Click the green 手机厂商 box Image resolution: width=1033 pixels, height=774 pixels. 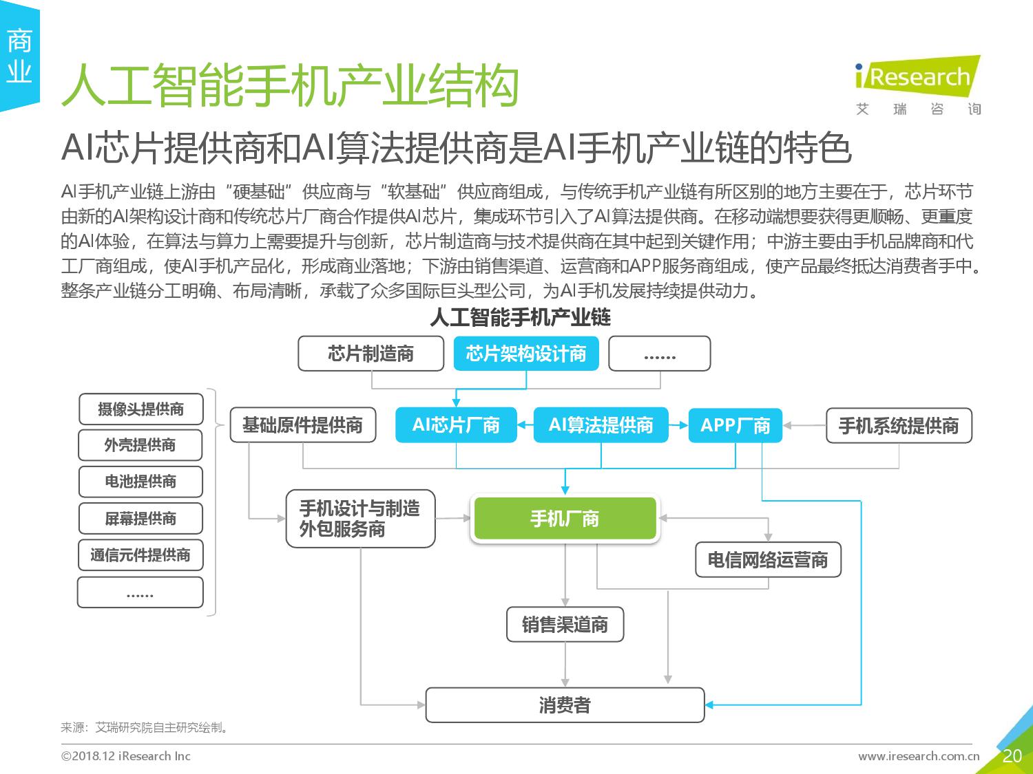pyautogui.click(x=565, y=518)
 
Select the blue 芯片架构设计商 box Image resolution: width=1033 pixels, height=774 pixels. pyautogui.click(x=525, y=354)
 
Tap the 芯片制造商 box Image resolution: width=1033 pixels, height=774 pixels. pyautogui.click(x=371, y=354)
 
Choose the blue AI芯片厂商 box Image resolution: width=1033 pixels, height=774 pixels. pyautogui.click(x=456, y=425)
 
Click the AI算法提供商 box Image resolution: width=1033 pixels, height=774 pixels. pyautogui.click(x=601, y=425)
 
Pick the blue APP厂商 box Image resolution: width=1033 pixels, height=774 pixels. pyautogui.click(x=735, y=425)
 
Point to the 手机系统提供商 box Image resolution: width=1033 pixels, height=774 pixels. pyautogui.click(x=899, y=425)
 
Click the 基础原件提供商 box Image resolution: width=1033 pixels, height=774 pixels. pyautogui.click(x=302, y=424)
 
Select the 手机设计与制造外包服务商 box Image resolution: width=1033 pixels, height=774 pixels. pyautogui.click(x=360, y=518)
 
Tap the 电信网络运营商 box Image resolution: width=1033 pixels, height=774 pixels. pyautogui.click(x=768, y=560)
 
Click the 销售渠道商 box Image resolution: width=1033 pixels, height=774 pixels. pyautogui.click(x=565, y=624)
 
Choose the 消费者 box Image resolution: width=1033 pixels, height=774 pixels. pyautogui.click(x=565, y=705)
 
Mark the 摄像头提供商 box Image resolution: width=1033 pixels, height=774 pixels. pyautogui.click(x=140, y=409)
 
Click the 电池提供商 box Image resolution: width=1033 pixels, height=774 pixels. pyautogui.click(x=140, y=482)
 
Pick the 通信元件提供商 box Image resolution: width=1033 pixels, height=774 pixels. pyautogui.click(x=140, y=555)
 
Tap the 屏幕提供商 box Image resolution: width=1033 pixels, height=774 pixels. pyautogui.click(x=140, y=518)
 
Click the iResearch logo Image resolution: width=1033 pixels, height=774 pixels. pyautogui.click(x=918, y=85)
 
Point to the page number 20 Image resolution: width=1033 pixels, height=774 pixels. pyautogui.click(x=1012, y=755)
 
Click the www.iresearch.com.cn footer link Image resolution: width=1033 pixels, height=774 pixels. pyautogui.click(x=919, y=756)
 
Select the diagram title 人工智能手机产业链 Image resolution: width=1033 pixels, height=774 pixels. pyautogui.click(x=520, y=317)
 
